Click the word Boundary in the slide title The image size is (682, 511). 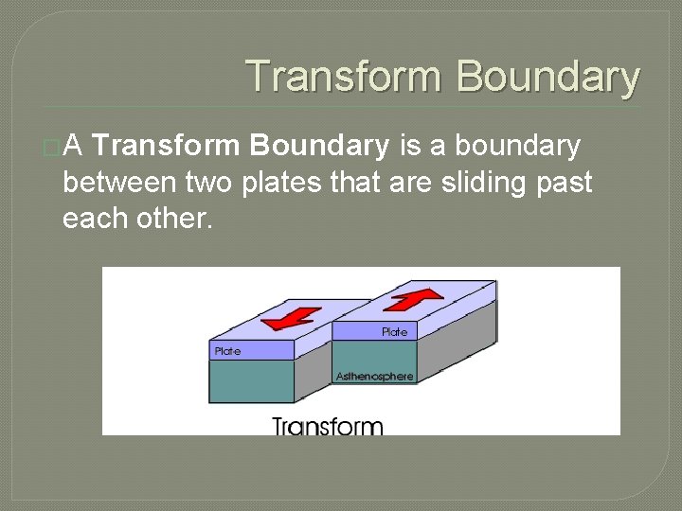click(548, 77)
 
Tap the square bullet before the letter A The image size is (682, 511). click(50, 148)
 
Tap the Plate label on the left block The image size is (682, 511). click(228, 351)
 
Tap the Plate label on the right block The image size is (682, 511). click(394, 332)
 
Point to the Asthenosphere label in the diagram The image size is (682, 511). click(374, 377)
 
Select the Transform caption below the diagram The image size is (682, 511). click(328, 426)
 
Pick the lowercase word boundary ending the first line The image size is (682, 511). click(518, 146)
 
